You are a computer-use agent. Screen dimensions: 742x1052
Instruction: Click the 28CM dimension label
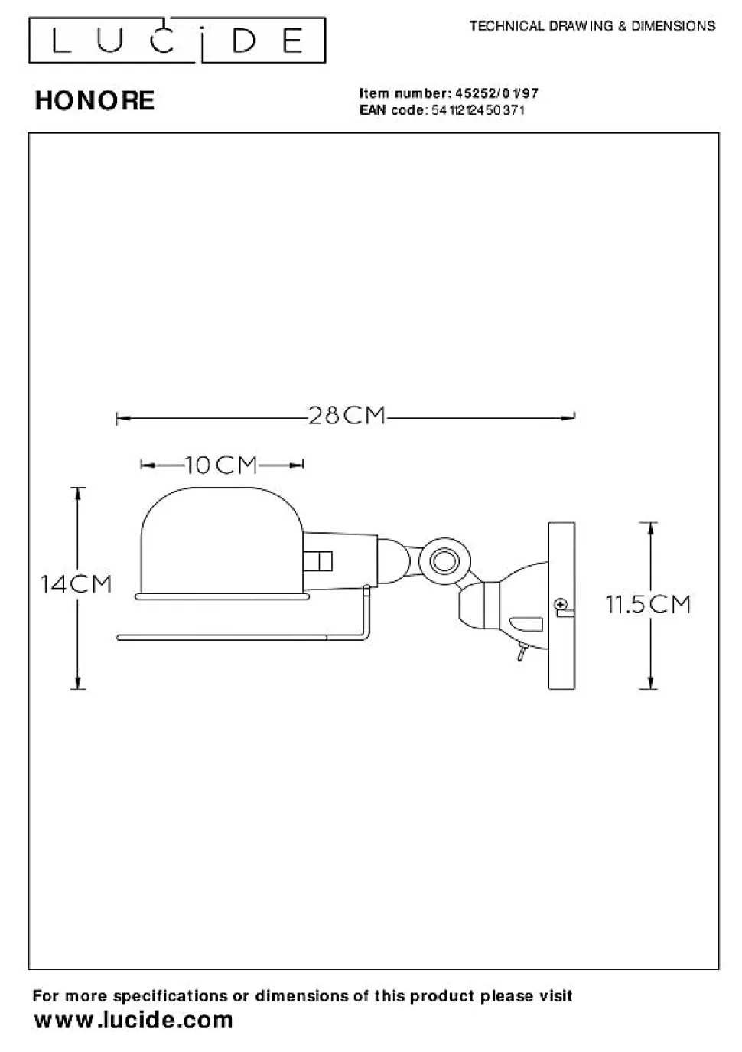click(347, 416)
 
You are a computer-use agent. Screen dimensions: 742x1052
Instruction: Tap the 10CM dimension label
click(222, 466)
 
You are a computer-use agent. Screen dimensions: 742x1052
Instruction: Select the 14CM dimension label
click(76, 584)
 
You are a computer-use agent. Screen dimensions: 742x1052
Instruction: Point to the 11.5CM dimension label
click(648, 604)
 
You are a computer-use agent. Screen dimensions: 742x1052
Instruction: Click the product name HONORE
click(95, 100)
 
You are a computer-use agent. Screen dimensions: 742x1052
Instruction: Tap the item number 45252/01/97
click(496, 93)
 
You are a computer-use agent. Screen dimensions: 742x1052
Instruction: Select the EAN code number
click(478, 110)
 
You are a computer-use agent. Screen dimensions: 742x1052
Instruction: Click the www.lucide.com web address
click(134, 1021)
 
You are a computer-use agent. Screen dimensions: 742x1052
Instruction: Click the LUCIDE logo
click(177, 41)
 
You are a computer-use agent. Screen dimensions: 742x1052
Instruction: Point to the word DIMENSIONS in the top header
click(673, 26)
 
